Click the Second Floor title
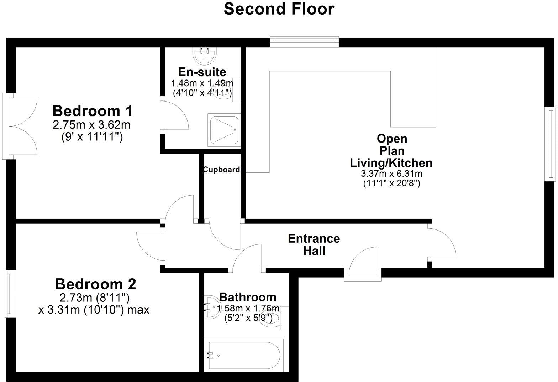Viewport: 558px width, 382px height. pyautogui.click(x=279, y=9)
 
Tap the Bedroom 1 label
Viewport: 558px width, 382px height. pyautogui.click(x=93, y=111)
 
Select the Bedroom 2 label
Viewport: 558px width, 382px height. pyautogui.click(x=95, y=284)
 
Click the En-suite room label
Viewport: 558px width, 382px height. pyautogui.click(x=202, y=72)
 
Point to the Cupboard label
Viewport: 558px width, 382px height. pyautogui.click(x=221, y=170)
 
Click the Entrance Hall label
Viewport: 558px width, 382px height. pyautogui.click(x=314, y=244)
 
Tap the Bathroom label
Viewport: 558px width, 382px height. pyautogui.click(x=248, y=297)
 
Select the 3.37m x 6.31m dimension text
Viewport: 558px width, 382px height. pyautogui.click(x=391, y=174)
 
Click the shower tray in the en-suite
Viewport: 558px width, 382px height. pyautogui.click(x=224, y=130)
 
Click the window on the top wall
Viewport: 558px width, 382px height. pyautogui.click(x=304, y=41)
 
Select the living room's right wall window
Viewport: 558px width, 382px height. pyautogui.click(x=551, y=144)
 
